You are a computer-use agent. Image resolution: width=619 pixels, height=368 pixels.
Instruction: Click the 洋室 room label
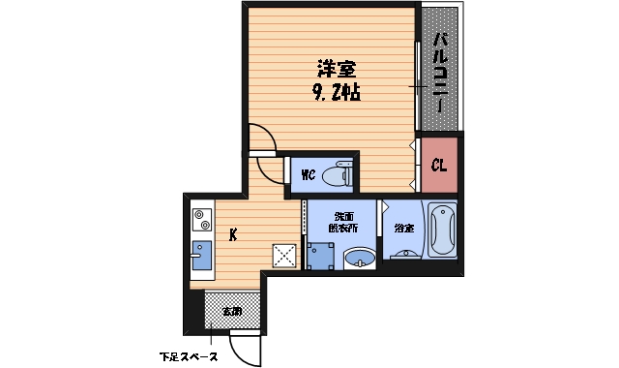pos(337,70)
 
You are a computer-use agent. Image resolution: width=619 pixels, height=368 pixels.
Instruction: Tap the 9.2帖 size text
pos(337,94)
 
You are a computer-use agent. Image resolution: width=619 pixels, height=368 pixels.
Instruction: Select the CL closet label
pos(438,166)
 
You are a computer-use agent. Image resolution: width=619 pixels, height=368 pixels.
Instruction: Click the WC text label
pos(308,175)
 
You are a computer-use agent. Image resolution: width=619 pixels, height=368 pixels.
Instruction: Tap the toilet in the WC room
pos(337,175)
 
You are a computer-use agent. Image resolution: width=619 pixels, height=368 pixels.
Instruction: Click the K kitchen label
pos(233,233)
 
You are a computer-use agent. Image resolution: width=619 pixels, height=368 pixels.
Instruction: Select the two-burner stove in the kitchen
pos(201,219)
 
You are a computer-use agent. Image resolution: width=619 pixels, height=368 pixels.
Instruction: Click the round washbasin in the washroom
pos(360,259)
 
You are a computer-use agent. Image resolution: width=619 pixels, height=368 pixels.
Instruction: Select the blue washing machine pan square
pos(319,256)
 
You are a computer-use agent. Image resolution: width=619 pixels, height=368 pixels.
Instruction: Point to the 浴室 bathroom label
pos(403,229)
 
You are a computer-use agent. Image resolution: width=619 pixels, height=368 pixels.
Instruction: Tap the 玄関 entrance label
pos(232,311)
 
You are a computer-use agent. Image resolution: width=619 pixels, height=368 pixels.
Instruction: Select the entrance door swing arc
pos(247,350)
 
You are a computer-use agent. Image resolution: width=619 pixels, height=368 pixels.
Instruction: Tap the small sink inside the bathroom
pos(404,254)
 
